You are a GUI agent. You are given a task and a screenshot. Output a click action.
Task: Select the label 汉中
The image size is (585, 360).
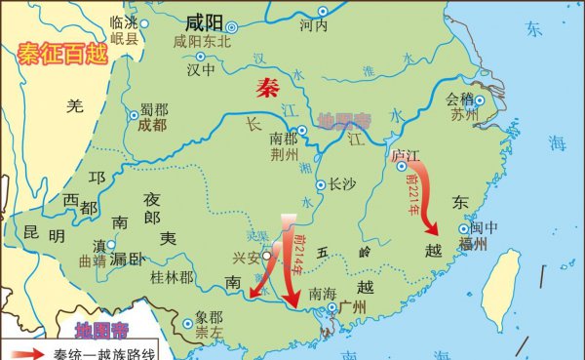pyautogui.click(x=202, y=70)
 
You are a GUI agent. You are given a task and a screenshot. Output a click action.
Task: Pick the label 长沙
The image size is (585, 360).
pyautogui.click(x=342, y=182)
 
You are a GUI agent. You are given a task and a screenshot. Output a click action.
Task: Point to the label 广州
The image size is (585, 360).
pyautogui.click(x=351, y=308)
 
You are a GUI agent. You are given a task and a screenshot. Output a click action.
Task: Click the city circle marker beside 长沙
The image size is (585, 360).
pyautogui.click(x=321, y=182)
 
